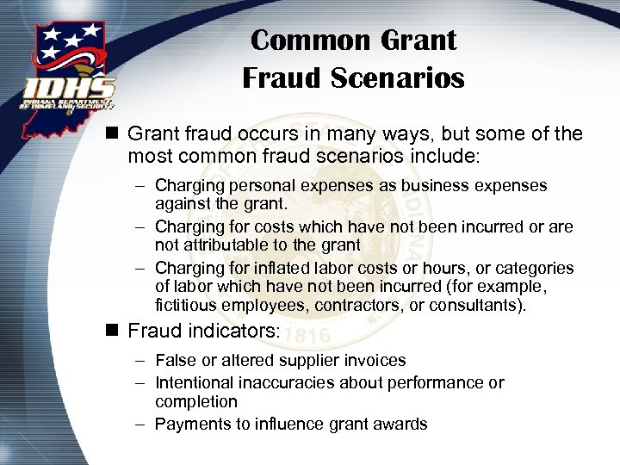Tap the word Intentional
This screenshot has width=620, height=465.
click(199, 382)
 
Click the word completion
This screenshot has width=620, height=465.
click(195, 401)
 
